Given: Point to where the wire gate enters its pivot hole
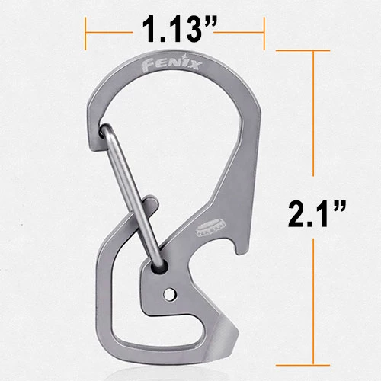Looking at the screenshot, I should pos(163,264).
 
